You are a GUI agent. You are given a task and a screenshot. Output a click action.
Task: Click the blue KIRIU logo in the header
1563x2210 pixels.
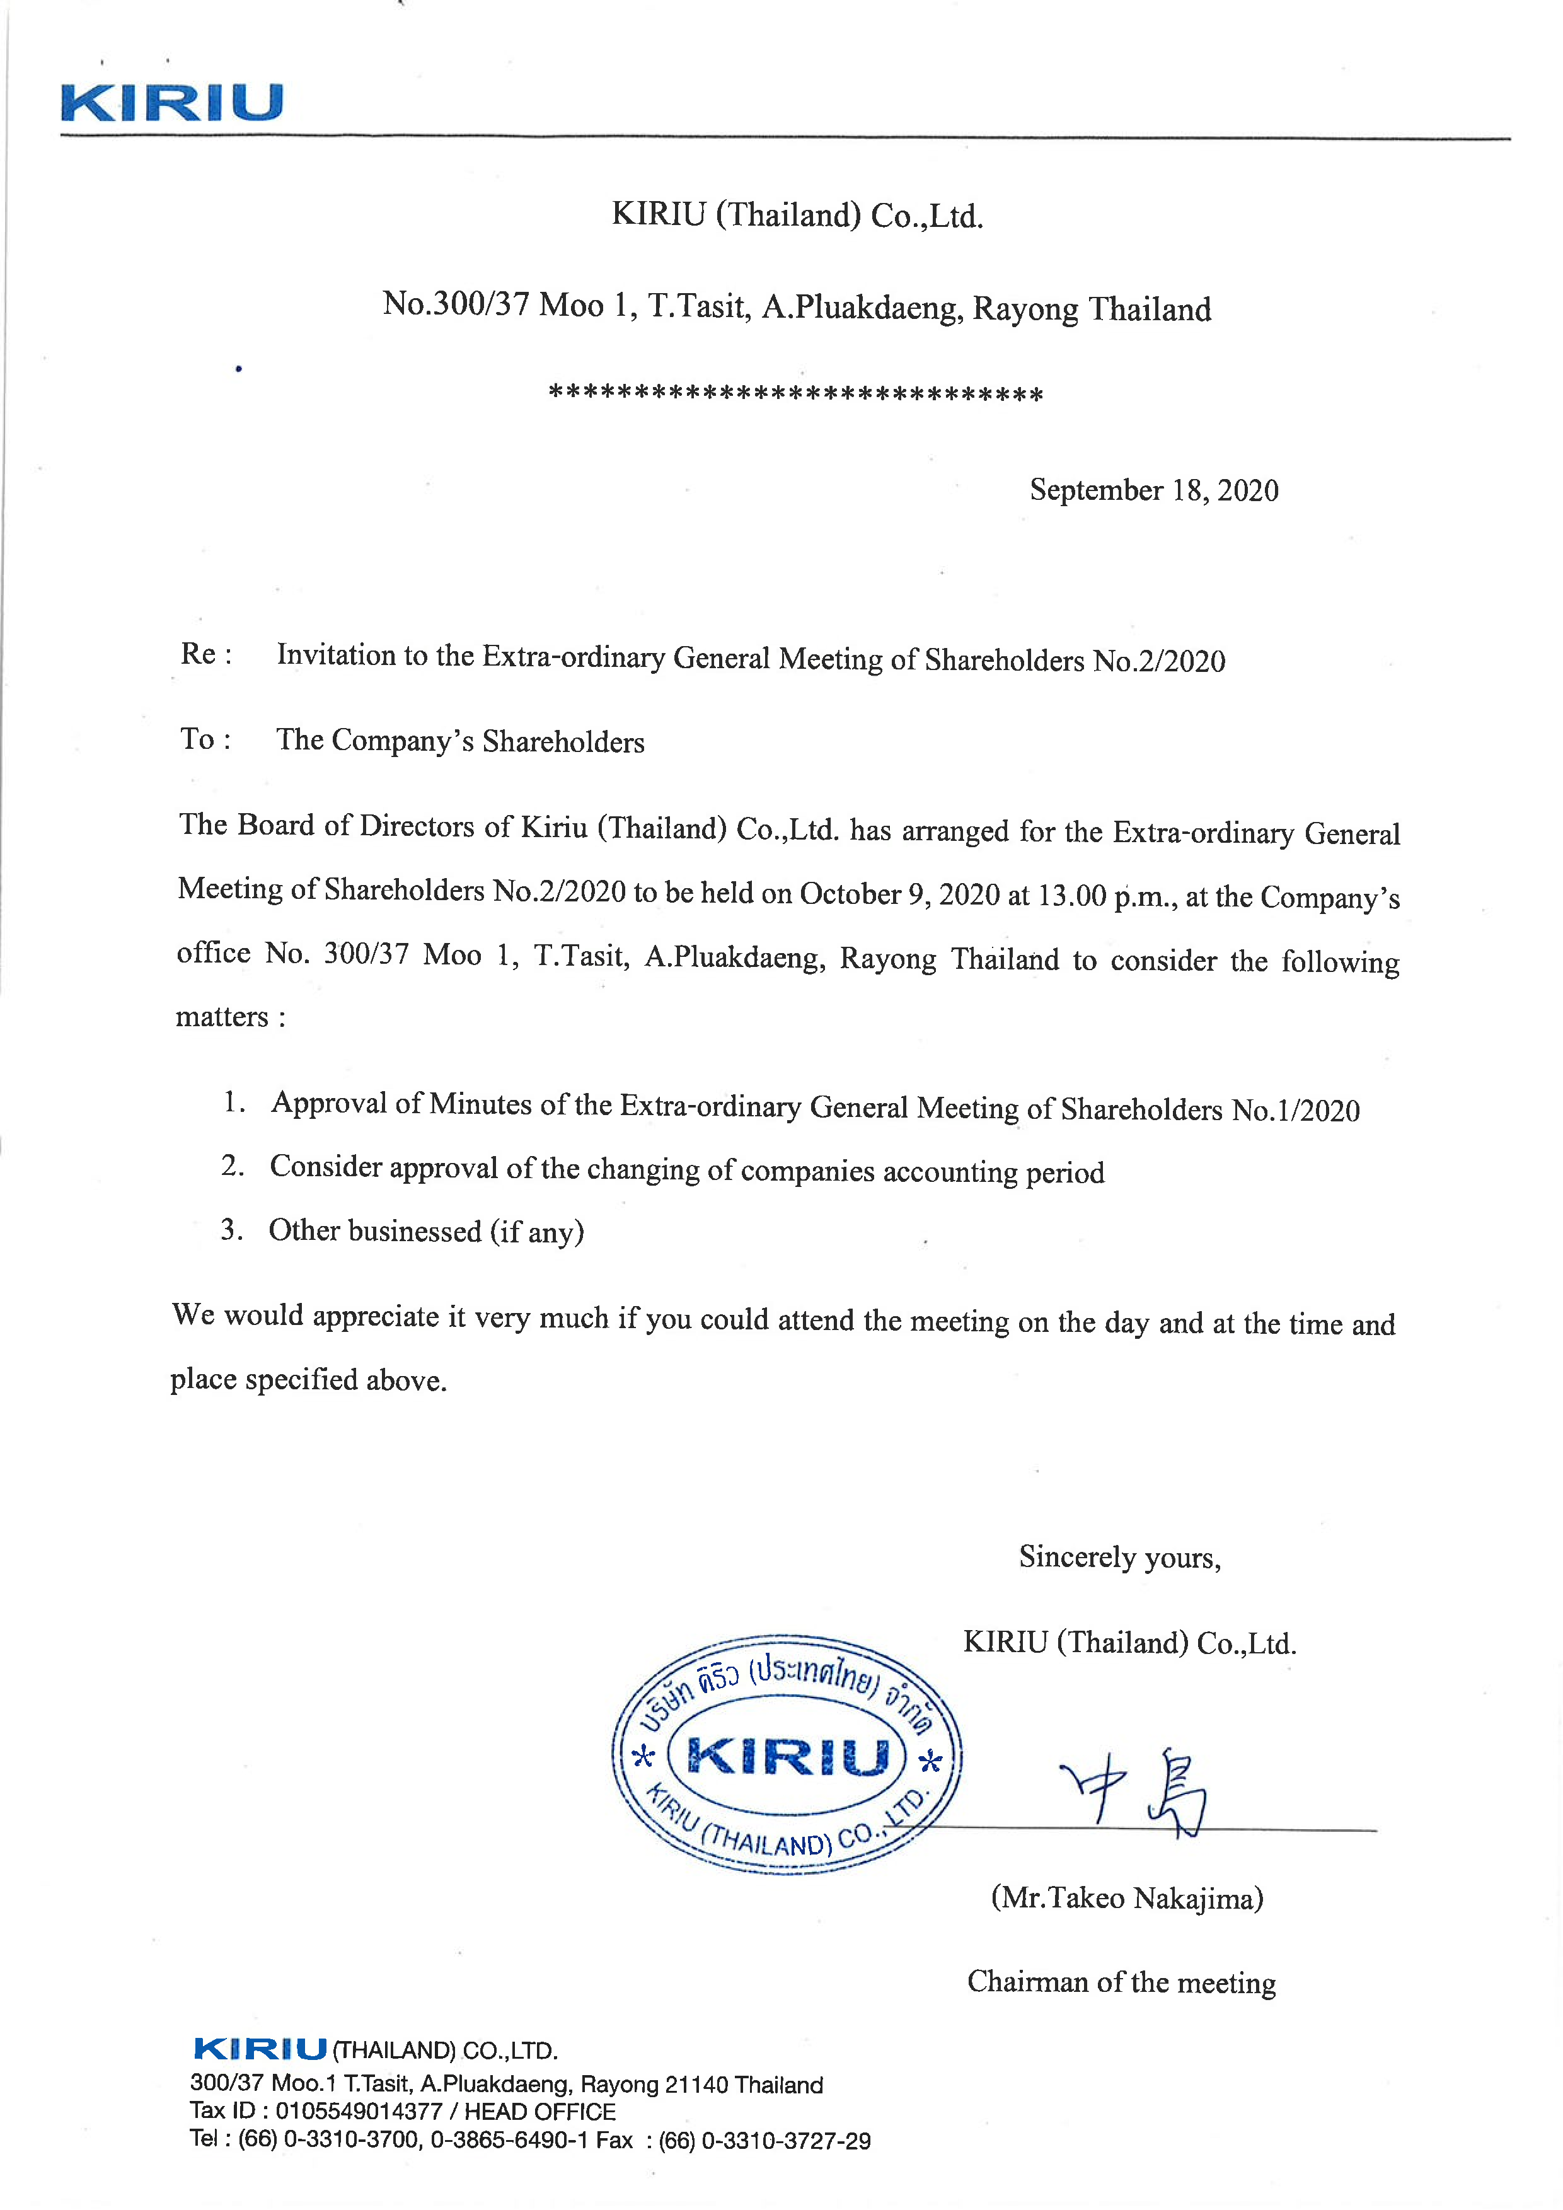[171, 102]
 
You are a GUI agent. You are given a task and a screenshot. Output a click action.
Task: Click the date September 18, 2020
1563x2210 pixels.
[1154, 490]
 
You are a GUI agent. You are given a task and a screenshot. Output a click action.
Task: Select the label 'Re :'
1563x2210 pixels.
[206, 654]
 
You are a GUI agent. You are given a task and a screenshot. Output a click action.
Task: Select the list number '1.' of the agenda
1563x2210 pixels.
[234, 1101]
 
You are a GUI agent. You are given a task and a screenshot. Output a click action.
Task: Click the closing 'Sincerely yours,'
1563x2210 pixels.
[1119, 1556]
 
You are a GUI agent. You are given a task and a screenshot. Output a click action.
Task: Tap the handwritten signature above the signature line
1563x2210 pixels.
[1136, 1792]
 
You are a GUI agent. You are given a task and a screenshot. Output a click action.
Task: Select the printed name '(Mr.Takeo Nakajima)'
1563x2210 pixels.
[1127, 1898]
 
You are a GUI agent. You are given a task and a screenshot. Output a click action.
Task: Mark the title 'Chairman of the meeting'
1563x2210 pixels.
[1121, 1982]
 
